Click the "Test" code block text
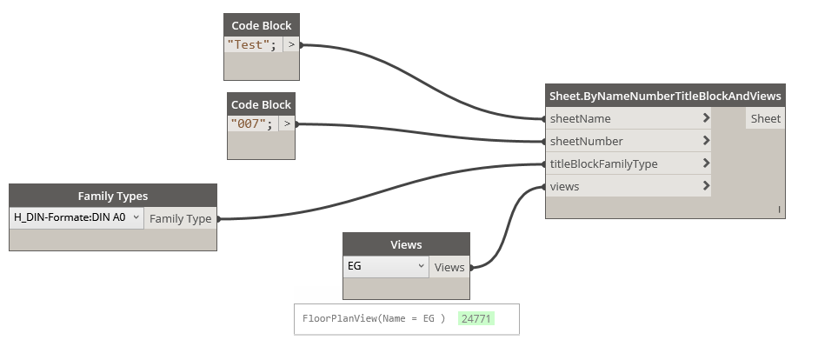[251, 45]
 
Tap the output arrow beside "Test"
[291, 45]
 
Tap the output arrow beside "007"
[287, 124]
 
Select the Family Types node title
[113, 196]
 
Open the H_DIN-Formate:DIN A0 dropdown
[76, 217]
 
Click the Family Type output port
[180, 218]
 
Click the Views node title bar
[406, 244]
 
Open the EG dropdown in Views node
[385, 266]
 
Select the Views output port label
[449, 267]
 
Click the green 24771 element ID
[476, 319]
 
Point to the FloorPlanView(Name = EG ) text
[374, 319]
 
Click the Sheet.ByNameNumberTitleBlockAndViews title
[665, 96]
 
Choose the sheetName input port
[580, 118]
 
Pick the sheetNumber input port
[586, 141]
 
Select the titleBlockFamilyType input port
[603, 163]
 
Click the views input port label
[564, 186]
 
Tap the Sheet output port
[765, 118]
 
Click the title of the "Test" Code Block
[261, 25]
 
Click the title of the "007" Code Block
[261, 104]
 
